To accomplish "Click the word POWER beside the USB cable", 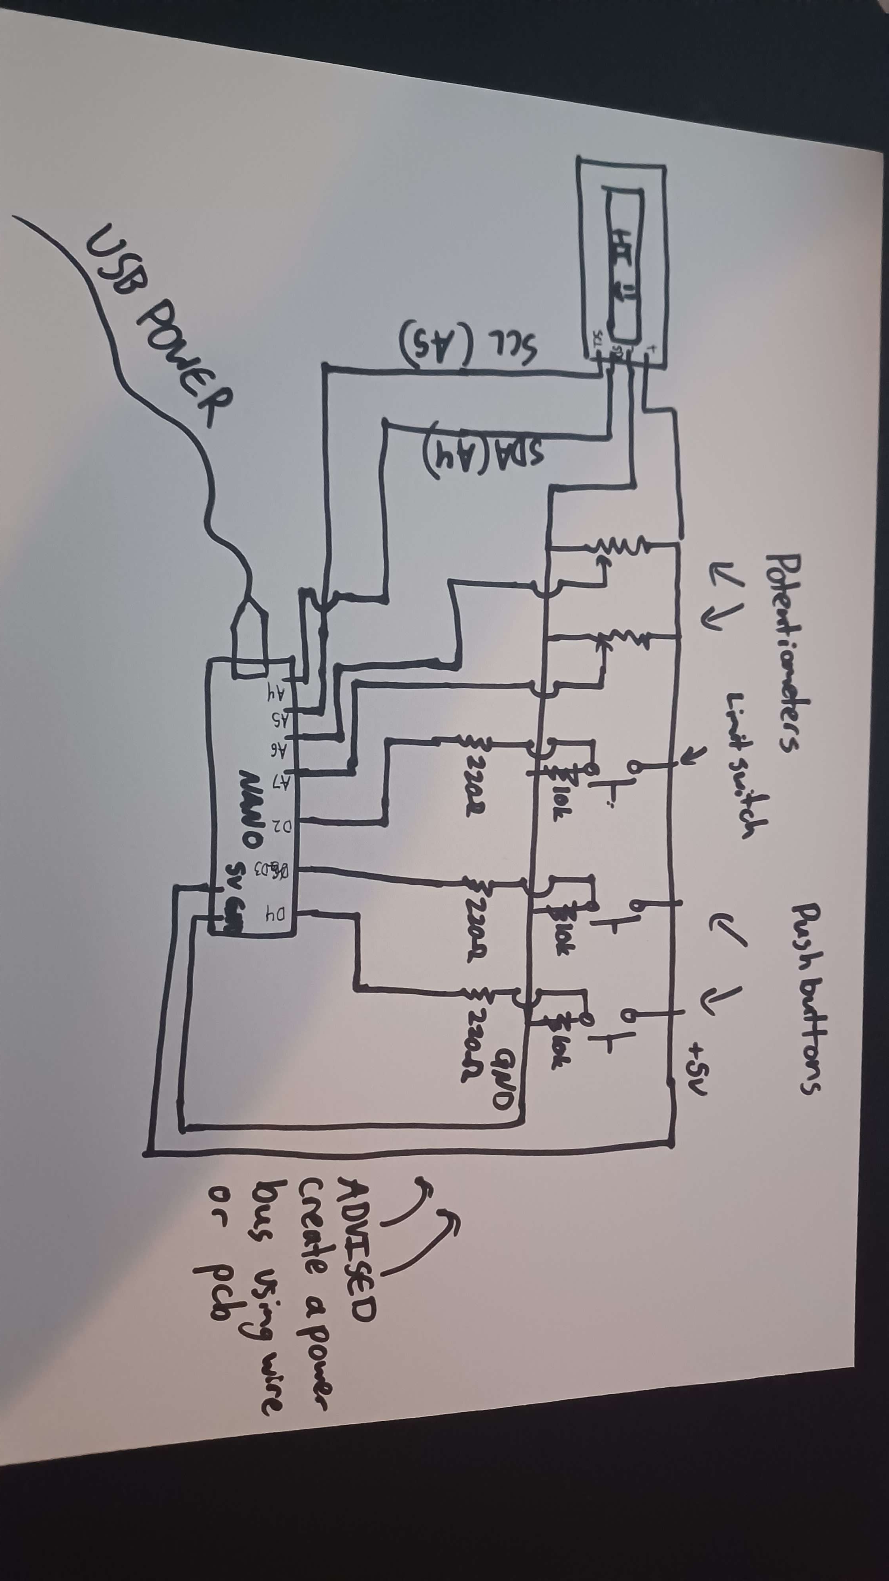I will click(184, 368).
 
